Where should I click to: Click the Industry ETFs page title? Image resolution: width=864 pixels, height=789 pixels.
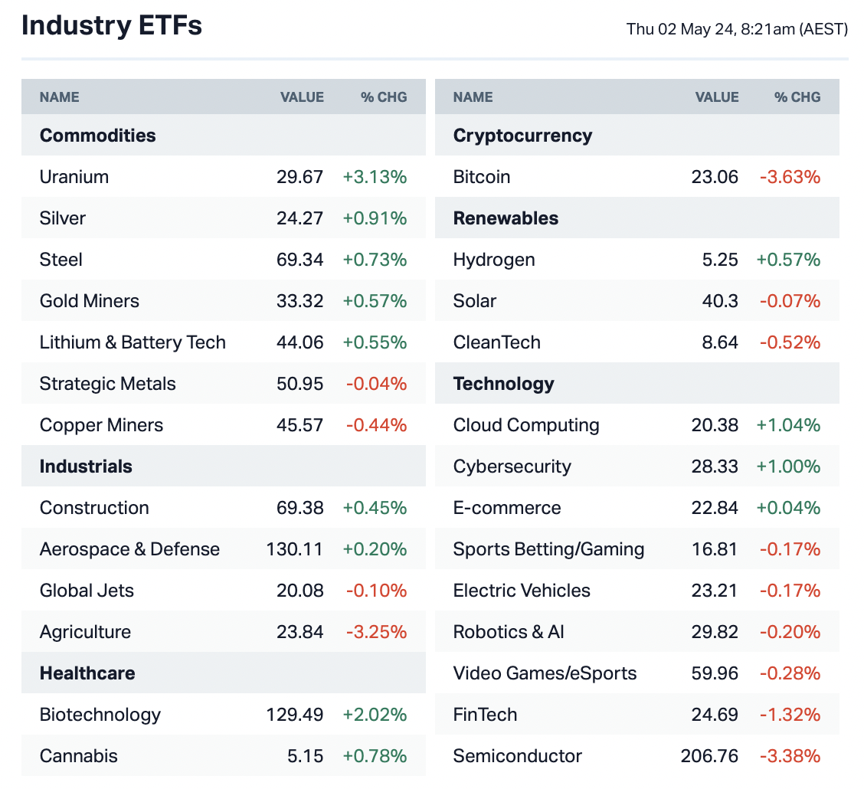click(x=112, y=26)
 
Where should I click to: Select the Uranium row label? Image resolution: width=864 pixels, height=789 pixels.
click(x=74, y=177)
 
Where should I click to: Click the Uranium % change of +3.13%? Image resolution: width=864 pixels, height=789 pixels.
click(x=375, y=177)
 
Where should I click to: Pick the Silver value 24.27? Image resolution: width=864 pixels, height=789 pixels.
click(x=299, y=218)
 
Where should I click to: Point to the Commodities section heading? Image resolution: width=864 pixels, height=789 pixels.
click(x=97, y=136)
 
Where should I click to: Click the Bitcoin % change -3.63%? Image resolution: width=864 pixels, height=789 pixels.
click(x=790, y=177)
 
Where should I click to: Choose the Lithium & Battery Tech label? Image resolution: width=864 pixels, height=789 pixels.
click(x=133, y=342)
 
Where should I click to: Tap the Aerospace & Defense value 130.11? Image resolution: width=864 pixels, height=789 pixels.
click(x=295, y=549)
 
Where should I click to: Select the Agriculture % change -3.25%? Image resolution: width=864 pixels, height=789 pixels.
click(x=376, y=632)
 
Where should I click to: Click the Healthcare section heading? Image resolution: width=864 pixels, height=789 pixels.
click(x=87, y=673)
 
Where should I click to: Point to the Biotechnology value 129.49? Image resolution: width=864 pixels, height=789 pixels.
click(x=295, y=715)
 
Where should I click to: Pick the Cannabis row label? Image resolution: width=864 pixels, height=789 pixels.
click(x=79, y=756)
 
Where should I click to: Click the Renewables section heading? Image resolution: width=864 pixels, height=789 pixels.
click(x=506, y=218)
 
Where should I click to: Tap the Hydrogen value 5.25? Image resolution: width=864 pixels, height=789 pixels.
click(x=721, y=260)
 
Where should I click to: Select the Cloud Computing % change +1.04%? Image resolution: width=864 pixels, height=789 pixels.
click(x=788, y=425)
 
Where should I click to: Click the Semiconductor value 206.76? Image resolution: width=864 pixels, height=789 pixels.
click(x=709, y=756)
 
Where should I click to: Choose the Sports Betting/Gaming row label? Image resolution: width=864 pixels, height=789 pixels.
click(x=548, y=549)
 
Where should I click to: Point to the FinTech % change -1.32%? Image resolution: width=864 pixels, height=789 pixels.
click(x=790, y=715)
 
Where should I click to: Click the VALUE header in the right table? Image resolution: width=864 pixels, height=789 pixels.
click(x=717, y=97)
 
